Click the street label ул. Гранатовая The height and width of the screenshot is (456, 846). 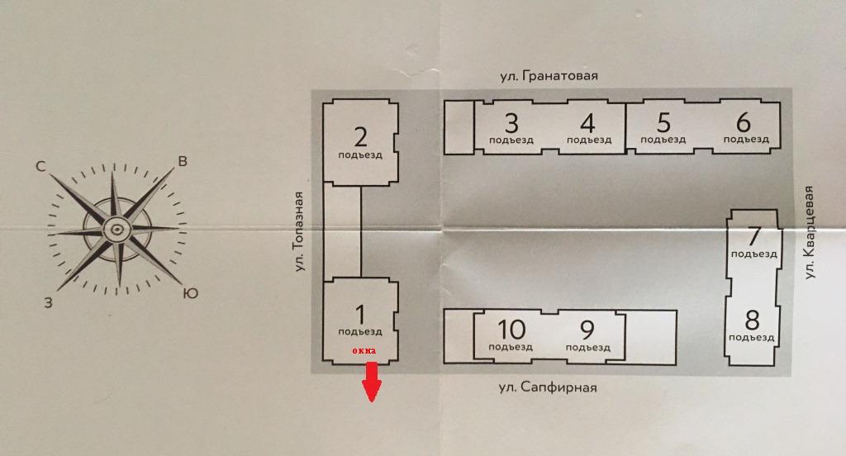click(x=549, y=76)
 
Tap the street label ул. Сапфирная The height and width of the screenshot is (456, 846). click(x=547, y=387)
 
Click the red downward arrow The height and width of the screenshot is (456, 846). click(x=371, y=382)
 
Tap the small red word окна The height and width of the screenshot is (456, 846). click(x=364, y=351)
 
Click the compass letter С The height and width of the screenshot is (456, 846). click(x=40, y=166)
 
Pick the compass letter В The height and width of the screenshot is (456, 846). click(x=183, y=161)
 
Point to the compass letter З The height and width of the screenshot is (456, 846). click(x=49, y=302)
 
